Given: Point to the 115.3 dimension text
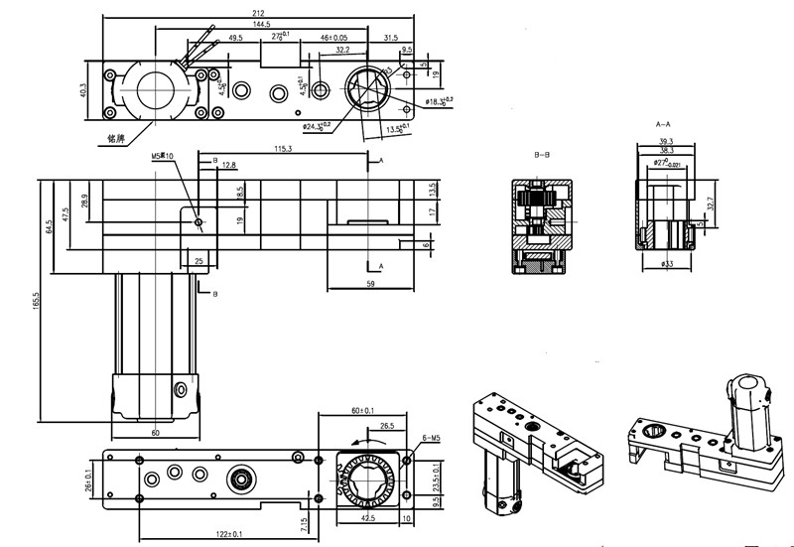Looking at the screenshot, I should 282,149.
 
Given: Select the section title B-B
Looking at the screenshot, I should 542,156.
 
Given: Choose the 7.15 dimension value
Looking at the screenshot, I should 306,519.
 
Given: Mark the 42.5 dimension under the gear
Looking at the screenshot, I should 366,518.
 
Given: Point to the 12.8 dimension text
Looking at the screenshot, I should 229,165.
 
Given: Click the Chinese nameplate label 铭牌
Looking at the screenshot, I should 117,138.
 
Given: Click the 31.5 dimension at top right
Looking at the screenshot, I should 390,38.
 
